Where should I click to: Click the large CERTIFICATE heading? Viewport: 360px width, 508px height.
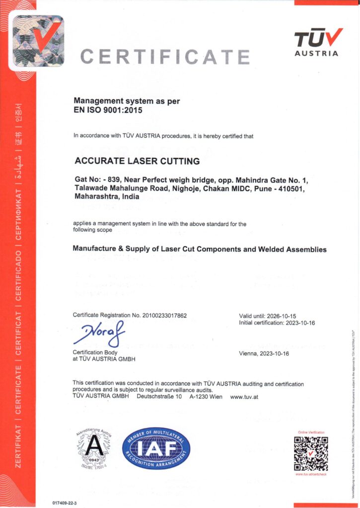(x=165, y=57)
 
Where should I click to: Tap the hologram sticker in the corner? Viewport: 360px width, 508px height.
(x=38, y=41)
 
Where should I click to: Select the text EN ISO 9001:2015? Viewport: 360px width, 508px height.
(x=108, y=110)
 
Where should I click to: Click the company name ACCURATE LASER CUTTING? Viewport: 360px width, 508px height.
(x=137, y=161)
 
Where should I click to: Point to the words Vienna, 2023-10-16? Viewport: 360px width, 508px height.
(x=264, y=354)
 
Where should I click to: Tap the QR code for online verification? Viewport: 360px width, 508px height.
(x=310, y=453)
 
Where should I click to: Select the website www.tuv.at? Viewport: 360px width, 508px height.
(x=244, y=397)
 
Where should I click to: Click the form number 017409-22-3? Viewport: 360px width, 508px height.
(x=65, y=503)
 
